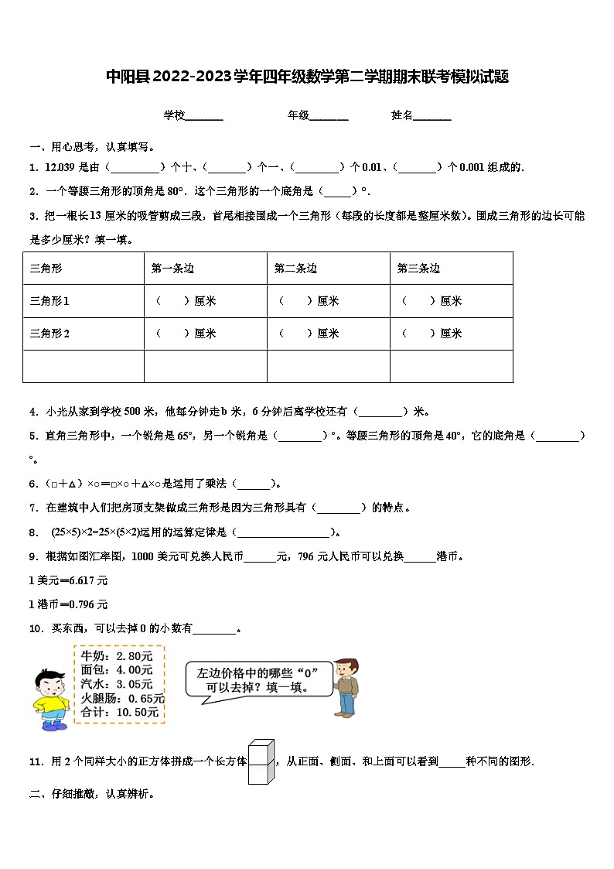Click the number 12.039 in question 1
coord(60,167)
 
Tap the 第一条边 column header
coord(172,269)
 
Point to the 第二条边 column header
coord(295,269)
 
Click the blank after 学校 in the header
coord(204,116)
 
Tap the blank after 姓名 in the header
coord(432,116)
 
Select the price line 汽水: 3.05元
coord(117,684)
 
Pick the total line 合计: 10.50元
coord(120,712)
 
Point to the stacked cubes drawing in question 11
coord(261,761)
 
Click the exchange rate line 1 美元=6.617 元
coord(68,580)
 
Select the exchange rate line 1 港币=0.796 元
coord(68,604)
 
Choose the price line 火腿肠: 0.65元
coord(120,698)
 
